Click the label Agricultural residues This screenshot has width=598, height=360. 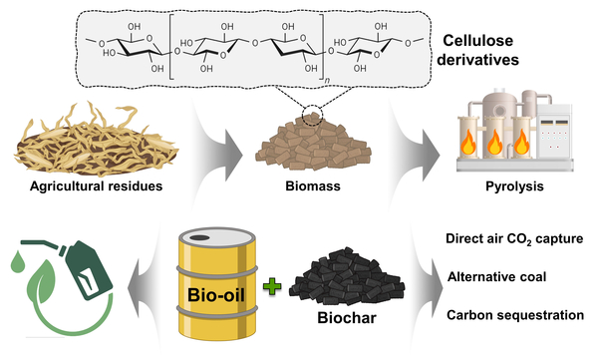tap(96, 185)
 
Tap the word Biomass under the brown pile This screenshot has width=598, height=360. tap(313, 185)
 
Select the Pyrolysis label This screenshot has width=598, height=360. tap(514, 186)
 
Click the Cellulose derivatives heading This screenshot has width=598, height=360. tap(477, 51)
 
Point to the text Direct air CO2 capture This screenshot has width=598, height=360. tap(514, 239)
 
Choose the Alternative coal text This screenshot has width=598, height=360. tap(497, 276)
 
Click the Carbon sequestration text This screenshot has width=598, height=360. tap(515, 315)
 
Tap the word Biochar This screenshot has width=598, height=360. tap(347, 318)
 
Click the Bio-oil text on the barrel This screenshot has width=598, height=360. tap(216, 295)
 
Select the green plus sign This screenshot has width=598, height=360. tap(272, 286)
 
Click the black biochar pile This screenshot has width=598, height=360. tap(346, 277)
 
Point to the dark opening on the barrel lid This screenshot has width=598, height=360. tap(199, 237)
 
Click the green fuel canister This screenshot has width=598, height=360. tap(89, 270)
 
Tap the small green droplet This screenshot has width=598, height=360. tap(17, 262)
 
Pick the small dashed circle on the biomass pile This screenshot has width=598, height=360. tap(312, 114)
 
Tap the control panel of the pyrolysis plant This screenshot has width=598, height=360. tap(555, 132)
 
